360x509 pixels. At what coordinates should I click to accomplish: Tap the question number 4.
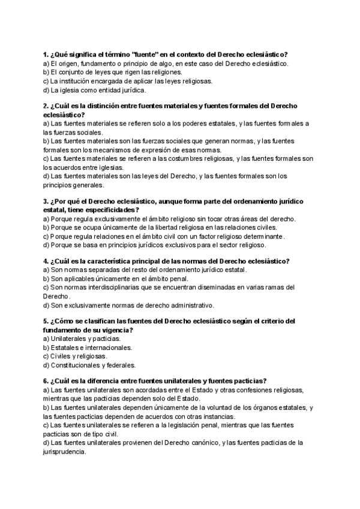click(46, 261)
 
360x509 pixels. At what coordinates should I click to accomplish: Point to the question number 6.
click(46, 380)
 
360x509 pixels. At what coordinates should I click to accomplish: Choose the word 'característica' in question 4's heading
click(121, 261)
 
